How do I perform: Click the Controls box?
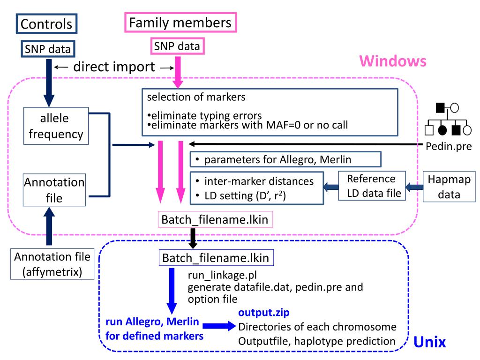coord(46,23)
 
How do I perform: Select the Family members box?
coord(180,22)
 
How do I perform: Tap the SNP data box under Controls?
coord(48,49)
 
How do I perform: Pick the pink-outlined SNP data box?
coord(177,46)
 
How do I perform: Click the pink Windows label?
coord(393,61)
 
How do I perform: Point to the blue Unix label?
coord(429,342)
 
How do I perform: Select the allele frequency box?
coord(56,126)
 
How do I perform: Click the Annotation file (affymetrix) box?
coord(52,264)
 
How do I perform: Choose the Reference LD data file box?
coord(372,186)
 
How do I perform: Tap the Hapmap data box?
coord(449,187)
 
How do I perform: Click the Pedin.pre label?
coord(449,146)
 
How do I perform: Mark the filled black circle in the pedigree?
coord(442,130)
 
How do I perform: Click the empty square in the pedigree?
coord(429,130)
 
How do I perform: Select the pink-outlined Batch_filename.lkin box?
coord(215,219)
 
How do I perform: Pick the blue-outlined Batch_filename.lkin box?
coord(216,258)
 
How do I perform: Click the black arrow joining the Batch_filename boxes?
coord(193,238)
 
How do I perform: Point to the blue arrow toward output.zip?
coord(219,326)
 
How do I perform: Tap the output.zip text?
coord(264,313)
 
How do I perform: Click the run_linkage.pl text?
coord(222,275)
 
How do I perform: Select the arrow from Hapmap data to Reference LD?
coord(414,187)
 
